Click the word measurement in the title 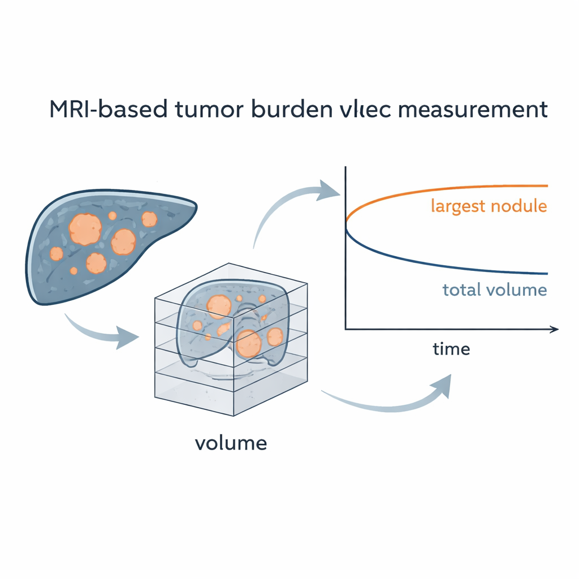point(479,109)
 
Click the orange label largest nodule point(489,206)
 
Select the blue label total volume point(494,291)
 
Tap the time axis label point(451,349)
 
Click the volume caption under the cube point(231,443)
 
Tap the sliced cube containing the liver point(232,339)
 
